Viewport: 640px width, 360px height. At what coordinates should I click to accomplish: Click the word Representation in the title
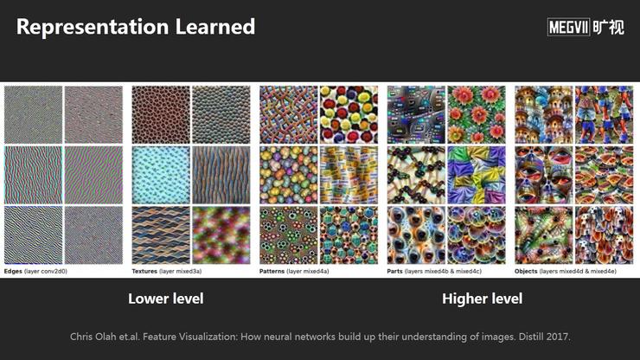pos(93,27)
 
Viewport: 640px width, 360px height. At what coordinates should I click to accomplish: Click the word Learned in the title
pos(215,26)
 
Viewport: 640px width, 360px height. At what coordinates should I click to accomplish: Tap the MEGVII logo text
pos(568,28)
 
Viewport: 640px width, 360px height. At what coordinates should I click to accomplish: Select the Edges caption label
pos(13,272)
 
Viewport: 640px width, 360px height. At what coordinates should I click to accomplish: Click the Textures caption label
pos(144,272)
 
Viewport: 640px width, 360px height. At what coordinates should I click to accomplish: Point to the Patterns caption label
pos(272,272)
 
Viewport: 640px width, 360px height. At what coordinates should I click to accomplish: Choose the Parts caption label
pos(394,272)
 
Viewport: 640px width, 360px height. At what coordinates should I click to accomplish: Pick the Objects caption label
pos(526,272)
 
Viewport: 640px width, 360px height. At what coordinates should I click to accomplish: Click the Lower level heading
pos(166,299)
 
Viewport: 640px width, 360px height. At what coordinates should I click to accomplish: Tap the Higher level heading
pos(482,299)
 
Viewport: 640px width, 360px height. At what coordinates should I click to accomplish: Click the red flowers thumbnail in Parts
pos(477,115)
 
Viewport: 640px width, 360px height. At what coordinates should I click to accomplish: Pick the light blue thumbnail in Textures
pos(161,176)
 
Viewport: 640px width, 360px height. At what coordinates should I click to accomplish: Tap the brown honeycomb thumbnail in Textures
pos(161,115)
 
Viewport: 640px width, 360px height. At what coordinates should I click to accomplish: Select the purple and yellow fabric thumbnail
pos(477,176)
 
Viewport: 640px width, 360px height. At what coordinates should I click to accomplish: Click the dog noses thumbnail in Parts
pos(416,235)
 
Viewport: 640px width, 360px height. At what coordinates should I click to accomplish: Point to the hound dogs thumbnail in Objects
pos(604,235)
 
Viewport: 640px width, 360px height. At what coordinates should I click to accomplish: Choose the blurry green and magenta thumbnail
pos(221,235)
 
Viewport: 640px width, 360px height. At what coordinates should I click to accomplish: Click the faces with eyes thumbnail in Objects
pos(544,176)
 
